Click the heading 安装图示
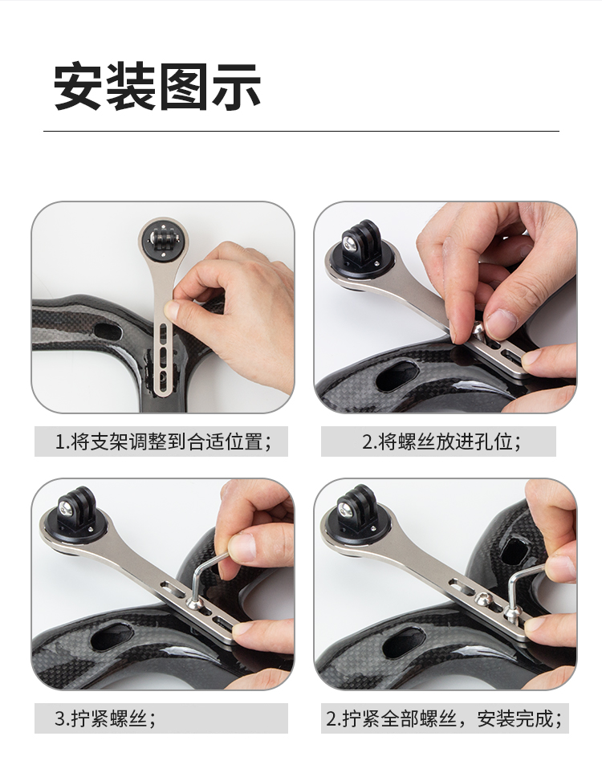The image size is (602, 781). [157, 86]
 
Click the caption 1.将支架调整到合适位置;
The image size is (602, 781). [163, 441]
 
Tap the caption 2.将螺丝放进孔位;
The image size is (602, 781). [441, 441]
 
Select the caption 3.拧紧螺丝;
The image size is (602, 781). [105, 718]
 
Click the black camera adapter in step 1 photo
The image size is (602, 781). [163, 238]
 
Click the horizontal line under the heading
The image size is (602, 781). [301, 132]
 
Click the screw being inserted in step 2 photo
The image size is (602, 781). [478, 330]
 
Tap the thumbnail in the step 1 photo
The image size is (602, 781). [172, 311]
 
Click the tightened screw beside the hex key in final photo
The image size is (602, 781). [482, 598]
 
